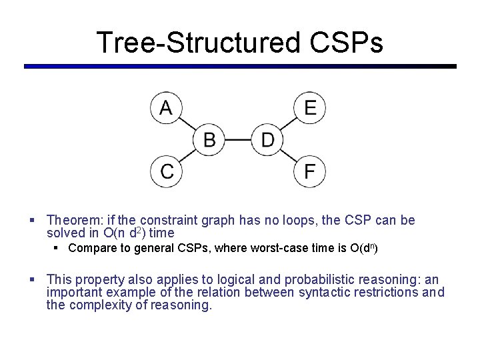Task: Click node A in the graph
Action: point(166,108)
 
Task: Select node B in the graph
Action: point(209,140)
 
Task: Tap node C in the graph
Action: point(167,171)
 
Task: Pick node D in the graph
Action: point(267,140)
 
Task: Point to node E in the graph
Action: point(310,108)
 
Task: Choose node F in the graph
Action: point(310,171)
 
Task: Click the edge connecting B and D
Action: point(238,140)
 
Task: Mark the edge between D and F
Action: point(289,156)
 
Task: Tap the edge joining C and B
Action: point(188,156)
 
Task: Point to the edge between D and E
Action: point(289,124)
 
